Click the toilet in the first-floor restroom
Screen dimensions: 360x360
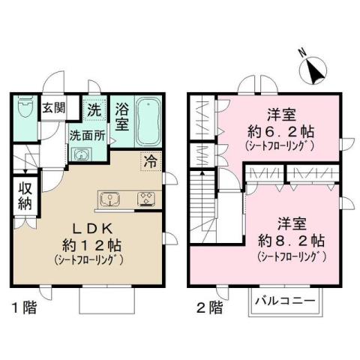pos(24,107)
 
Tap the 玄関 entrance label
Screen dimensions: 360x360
pos(52,107)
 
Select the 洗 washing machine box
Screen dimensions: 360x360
pos(94,108)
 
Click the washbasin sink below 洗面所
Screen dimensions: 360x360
pos(80,154)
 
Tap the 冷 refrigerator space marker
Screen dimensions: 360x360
pos(150,160)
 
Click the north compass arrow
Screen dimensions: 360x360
pos(312,70)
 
